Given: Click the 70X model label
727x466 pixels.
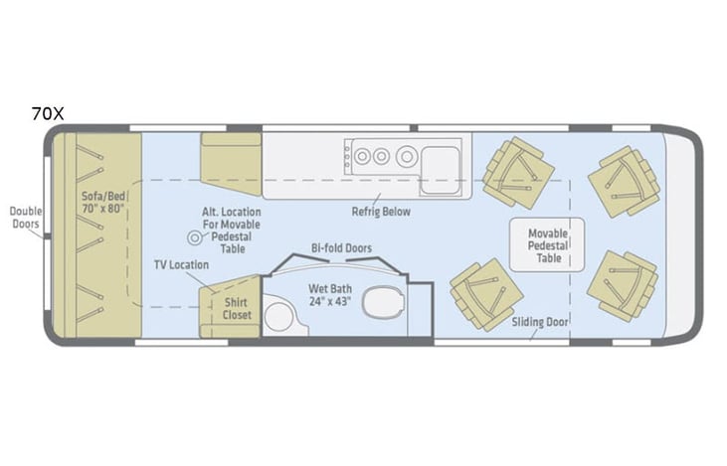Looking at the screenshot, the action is pyautogui.click(x=48, y=113).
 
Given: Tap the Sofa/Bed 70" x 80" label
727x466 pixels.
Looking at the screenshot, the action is pyautogui.click(x=103, y=202).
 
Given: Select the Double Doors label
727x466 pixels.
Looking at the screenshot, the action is pyautogui.click(x=26, y=218).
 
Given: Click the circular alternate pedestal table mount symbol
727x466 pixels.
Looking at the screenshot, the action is pyautogui.click(x=195, y=238).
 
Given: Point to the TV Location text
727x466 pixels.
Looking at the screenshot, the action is pyautogui.click(x=181, y=265).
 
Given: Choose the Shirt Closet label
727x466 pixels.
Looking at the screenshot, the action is pyautogui.click(x=237, y=308).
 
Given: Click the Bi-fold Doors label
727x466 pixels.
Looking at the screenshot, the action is pyautogui.click(x=341, y=248).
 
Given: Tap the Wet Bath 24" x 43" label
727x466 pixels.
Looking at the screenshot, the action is pyautogui.click(x=330, y=295).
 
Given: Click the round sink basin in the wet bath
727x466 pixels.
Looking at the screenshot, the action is pyautogui.click(x=278, y=316).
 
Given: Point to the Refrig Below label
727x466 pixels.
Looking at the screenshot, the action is pyautogui.click(x=381, y=212).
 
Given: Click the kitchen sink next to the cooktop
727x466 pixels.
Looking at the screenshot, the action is pyautogui.click(x=440, y=170).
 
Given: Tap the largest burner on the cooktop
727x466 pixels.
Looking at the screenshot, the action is pyautogui.click(x=407, y=157).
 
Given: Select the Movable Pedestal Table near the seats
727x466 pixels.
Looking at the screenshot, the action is pyautogui.click(x=547, y=244).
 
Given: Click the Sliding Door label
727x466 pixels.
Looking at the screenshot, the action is pyautogui.click(x=540, y=322).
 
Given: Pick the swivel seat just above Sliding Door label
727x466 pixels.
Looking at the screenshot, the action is pyautogui.click(x=486, y=295).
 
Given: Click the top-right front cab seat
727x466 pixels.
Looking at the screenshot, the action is pyautogui.click(x=625, y=181).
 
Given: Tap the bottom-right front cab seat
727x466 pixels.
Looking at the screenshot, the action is pyautogui.click(x=623, y=285).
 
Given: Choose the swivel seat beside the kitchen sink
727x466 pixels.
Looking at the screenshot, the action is pyautogui.click(x=518, y=172).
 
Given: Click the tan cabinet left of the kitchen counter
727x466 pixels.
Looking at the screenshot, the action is pyautogui.click(x=231, y=164).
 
